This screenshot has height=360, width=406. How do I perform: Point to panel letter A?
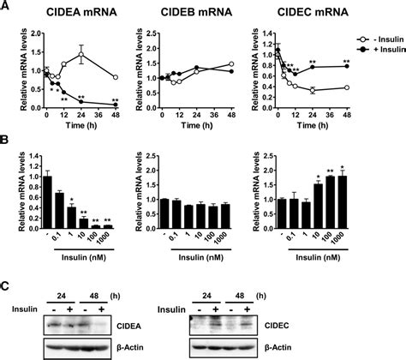click(6, 7)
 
